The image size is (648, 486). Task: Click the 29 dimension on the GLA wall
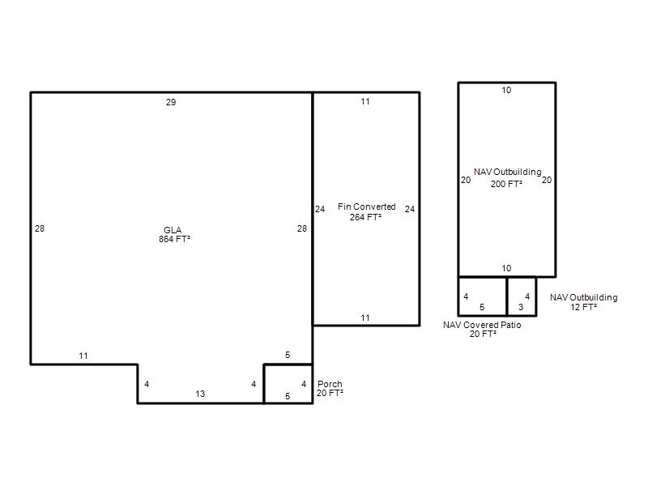[x=171, y=102]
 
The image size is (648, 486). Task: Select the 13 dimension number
[x=200, y=394]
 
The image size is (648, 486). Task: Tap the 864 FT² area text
[x=174, y=239]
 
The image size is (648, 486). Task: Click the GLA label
[x=173, y=230]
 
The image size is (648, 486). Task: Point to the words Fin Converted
[x=367, y=207]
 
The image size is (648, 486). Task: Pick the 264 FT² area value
[x=365, y=217]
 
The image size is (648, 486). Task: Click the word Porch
[x=330, y=384]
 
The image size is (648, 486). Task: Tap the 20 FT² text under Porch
[x=330, y=393]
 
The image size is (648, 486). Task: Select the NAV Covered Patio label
[x=482, y=325]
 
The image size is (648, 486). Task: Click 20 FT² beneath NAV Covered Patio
[x=483, y=334]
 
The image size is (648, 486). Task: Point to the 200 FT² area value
[x=506, y=184]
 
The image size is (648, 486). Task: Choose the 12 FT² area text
[x=583, y=307]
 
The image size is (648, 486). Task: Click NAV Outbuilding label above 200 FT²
[x=508, y=172]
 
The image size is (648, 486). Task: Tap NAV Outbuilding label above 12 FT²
[x=583, y=297]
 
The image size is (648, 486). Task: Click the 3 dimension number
[x=521, y=307]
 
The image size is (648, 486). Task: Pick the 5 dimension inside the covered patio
[x=482, y=307]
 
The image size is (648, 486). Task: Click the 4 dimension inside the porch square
[x=304, y=384]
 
